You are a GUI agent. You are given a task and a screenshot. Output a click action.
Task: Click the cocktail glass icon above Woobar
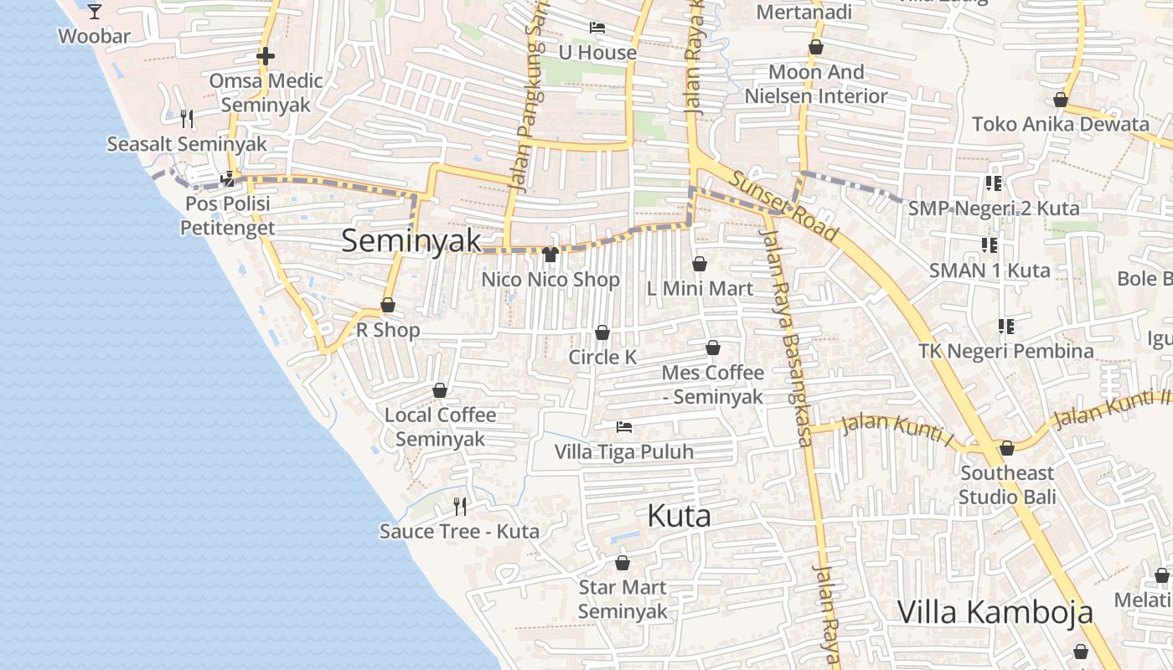(95, 12)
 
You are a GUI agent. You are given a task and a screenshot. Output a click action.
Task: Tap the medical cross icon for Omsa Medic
(266, 57)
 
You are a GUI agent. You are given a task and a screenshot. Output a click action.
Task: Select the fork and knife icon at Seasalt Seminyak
(187, 119)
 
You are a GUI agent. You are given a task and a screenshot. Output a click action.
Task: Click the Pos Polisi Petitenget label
(228, 216)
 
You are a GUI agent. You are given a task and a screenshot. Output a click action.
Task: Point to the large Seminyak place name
(411, 241)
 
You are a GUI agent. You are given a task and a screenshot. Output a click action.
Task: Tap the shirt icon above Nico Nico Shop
(550, 255)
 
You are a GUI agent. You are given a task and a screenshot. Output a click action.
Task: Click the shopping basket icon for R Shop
(388, 306)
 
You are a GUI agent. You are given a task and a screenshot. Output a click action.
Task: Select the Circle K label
(602, 358)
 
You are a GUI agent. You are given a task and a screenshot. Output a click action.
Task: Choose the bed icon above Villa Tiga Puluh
(624, 427)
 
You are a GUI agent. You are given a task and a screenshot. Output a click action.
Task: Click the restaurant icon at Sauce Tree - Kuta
(460, 506)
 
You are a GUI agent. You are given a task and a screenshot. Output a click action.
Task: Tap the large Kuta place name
(679, 516)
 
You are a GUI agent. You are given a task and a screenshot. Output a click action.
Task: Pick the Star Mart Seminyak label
(623, 600)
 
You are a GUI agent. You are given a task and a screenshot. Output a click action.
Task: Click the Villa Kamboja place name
(995, 612)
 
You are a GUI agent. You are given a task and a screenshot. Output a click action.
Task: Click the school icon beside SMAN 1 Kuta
(990, 245)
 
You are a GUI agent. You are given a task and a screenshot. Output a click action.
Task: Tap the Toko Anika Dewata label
(1061, 125)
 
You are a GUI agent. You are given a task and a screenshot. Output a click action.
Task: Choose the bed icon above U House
(597, 28)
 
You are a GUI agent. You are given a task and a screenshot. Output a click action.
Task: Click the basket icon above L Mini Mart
(700, 265)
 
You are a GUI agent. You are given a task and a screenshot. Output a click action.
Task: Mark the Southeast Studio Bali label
(1007, 485)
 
